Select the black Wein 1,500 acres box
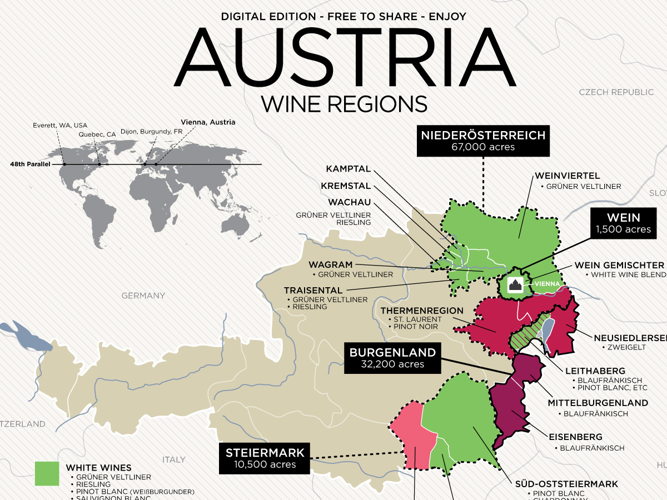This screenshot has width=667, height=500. [624, 223]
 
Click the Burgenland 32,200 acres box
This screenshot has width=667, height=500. [392, 358]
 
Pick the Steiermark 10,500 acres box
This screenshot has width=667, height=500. [264, 458]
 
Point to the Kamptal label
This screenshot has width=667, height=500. [348, 169]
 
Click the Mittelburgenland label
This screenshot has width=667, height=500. [598, 403]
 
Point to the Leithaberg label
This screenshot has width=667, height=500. [595, 371]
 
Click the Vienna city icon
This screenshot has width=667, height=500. [515, 284]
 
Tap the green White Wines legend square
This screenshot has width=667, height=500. [47, 473]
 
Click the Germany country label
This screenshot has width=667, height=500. [143, 296]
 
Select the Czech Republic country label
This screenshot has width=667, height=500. [616, 92]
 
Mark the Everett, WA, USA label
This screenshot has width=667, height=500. [60, 125]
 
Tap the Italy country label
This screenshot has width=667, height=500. [173, 459]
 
